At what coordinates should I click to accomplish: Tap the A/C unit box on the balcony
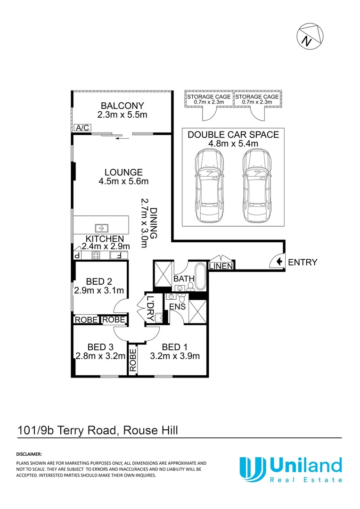(82, 128)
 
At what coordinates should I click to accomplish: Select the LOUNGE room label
(123, 172)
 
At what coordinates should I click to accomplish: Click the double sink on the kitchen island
(102, 228)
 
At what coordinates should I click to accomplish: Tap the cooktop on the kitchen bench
(96, 255)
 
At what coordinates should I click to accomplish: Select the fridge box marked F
(119, 255)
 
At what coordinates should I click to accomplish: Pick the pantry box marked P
(76, 255)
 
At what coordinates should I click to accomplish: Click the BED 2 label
(98, 281)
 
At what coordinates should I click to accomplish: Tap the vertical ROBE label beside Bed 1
(133, 361)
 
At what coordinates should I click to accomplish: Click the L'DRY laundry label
(150, 309)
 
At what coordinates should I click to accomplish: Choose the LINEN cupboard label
(221, 266)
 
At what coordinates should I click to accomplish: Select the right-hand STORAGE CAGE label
(256, 96)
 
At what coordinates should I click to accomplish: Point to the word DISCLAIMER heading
(29, 454)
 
